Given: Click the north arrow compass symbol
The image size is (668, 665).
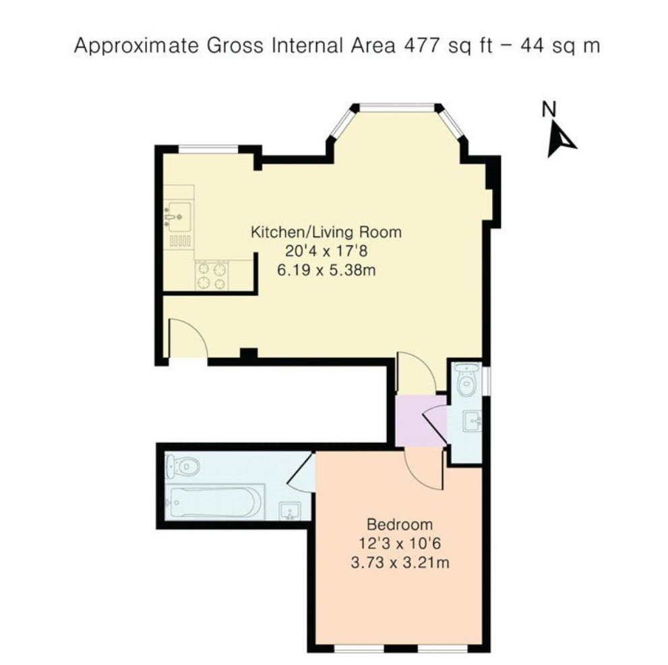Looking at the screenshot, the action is point(561,139).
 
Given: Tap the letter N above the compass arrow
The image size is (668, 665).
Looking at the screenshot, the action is point(549,109).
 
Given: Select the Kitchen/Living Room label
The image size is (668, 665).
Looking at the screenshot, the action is point(326,232).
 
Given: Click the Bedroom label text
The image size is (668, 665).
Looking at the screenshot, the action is point(400,524).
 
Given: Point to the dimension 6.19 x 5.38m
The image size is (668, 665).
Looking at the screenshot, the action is point(326,270).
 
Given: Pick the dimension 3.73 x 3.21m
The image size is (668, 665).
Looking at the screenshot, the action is point(400,563).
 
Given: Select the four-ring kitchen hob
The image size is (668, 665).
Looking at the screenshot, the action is point(211,276).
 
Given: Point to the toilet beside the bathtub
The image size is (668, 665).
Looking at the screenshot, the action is point(183,467).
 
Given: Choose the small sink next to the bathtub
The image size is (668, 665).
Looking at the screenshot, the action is point(290,511).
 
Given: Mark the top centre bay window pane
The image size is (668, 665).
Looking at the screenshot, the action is point(396,107).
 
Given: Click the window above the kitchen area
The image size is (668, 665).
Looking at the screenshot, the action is point(208,149).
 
